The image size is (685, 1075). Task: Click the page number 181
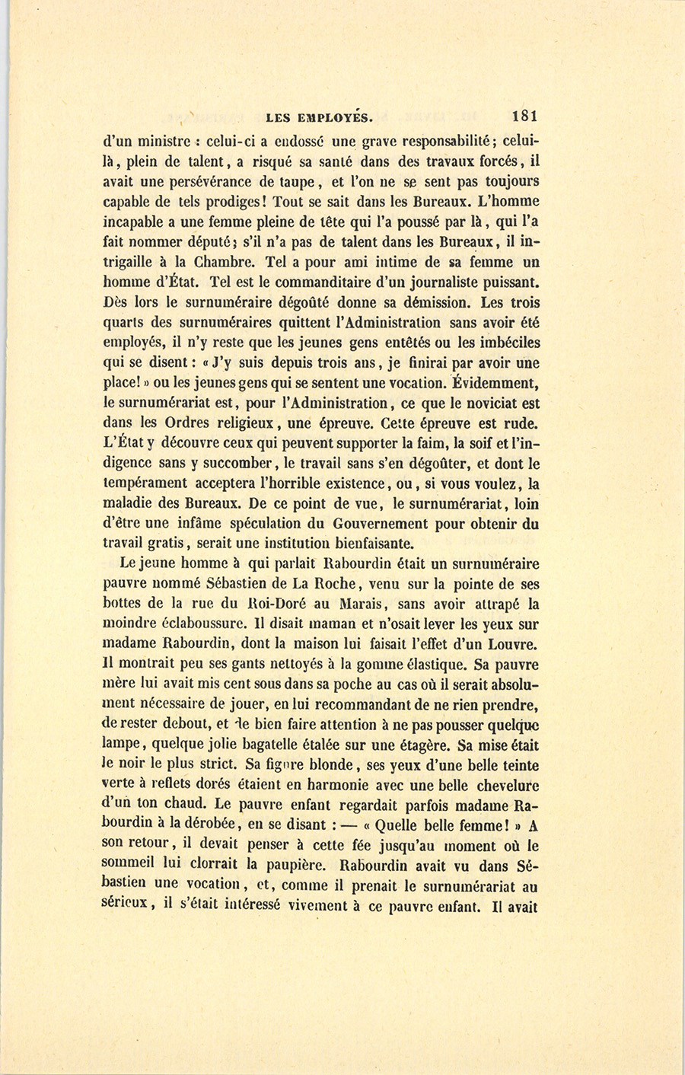click(525, 116)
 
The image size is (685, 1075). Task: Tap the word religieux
click(245, 423)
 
